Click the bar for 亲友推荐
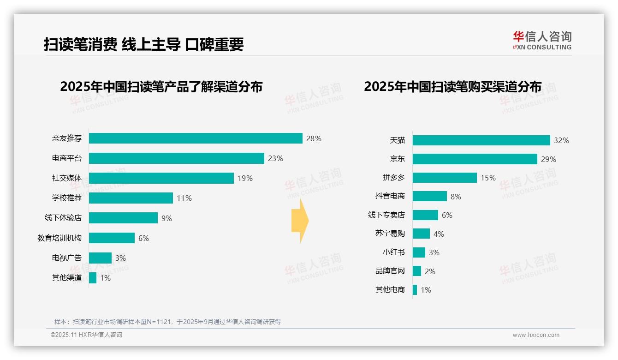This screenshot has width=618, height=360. click(x=196, y=138)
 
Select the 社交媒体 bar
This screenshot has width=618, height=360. click(x=161, y=178)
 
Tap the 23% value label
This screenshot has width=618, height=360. click(x=275, y=158)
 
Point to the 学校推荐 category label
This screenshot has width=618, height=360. click(x=67, y=198)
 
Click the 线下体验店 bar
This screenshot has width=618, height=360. click(x=123, y=218)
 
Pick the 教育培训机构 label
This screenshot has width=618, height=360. click(x=59, y=238)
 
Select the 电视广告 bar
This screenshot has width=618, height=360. click(x=100, y=258)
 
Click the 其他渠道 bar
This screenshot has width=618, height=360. click(x=93, y=278)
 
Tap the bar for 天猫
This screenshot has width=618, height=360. click(x=481, y=140)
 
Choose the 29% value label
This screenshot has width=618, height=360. click(x=548, y=159)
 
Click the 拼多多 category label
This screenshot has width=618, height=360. click(x=394, y=178)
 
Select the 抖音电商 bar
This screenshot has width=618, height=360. click(x=429, y=196)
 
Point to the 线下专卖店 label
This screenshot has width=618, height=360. click(x=386, y=215)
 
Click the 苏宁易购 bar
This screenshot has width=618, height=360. click(x=421, y=234)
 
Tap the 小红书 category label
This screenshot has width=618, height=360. click(x=394, y=252)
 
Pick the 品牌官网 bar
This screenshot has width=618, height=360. click(x=417, y=271)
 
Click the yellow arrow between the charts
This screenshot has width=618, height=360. click(x=300, y=221)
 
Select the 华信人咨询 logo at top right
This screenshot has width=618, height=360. click(x=542, y=40)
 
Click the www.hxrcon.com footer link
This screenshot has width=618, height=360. click(x=536, y=335)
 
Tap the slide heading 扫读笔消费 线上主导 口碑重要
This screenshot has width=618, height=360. click(x=143, y=44)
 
